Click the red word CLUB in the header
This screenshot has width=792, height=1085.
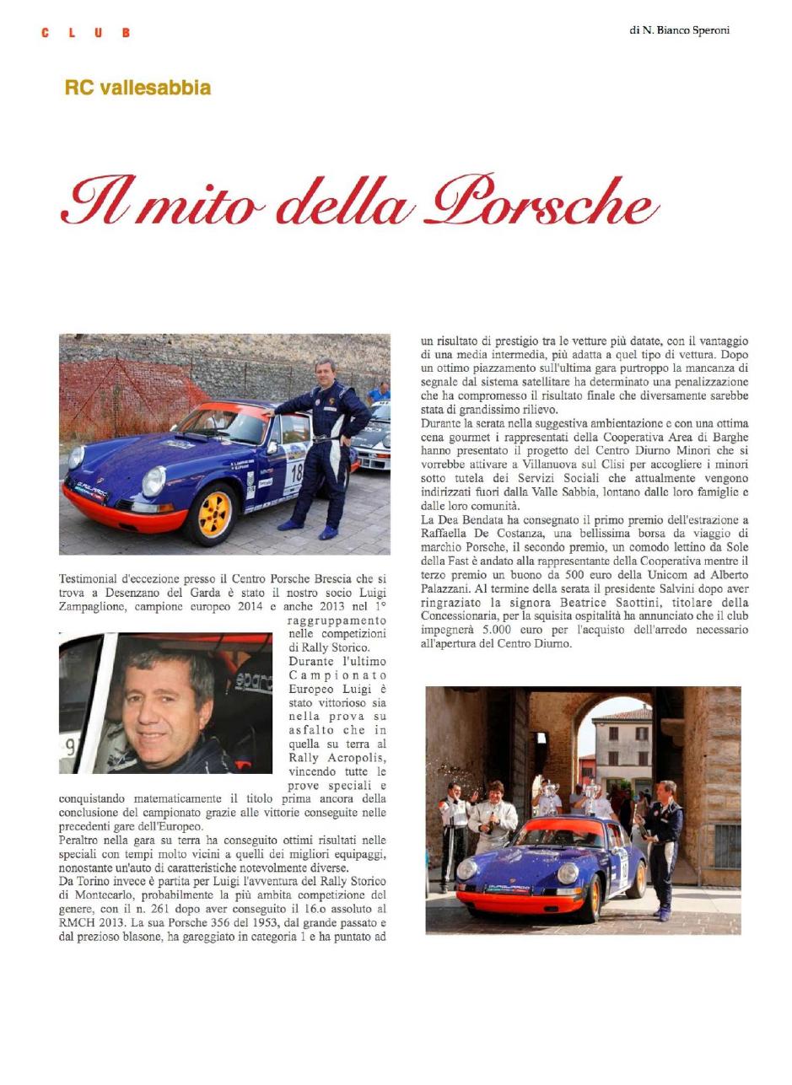click(85, 33)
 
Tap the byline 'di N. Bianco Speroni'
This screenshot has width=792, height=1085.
click(679, 30)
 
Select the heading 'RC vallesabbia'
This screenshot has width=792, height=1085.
click(137, 88)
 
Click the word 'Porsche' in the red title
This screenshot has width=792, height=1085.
click(544, 202)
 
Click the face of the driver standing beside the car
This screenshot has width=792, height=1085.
click(325, 373)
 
